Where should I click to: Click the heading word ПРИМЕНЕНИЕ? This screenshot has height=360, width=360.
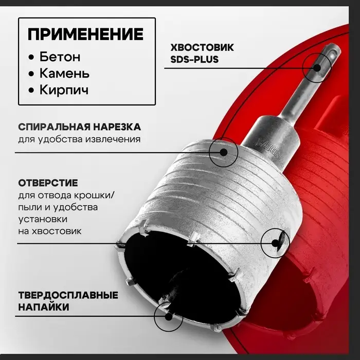click(86, 35)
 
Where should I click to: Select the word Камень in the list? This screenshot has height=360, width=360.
click(66, 73)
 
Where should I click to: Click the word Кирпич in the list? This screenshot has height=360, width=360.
click(65, 90)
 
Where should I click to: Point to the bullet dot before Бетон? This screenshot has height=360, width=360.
click(33, 57)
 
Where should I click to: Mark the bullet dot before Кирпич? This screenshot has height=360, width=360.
click(33, 91)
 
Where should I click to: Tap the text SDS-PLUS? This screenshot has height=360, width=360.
click(194, 59)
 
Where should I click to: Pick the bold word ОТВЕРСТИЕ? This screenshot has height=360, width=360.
click(48, 184)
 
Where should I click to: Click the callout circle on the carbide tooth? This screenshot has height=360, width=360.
click(169, 314)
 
